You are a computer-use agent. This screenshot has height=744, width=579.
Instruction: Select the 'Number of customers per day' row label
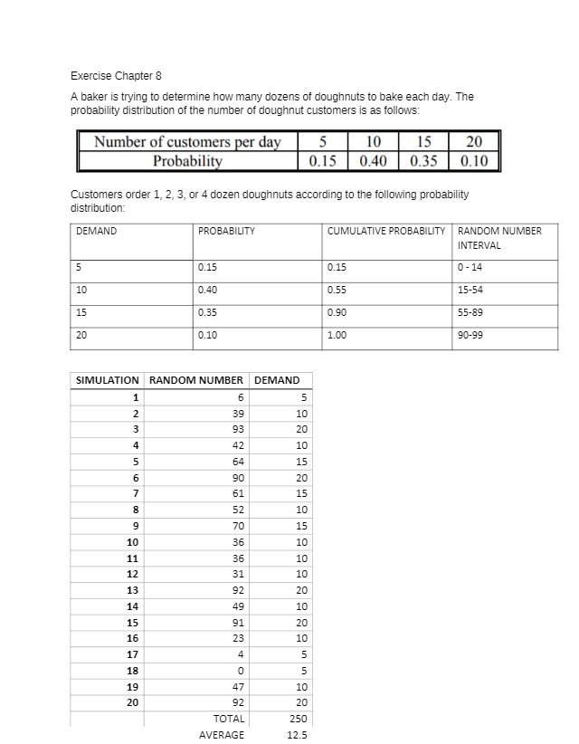click(x=187, y=142)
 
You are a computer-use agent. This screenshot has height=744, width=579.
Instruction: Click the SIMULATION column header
click(x=106, y=380)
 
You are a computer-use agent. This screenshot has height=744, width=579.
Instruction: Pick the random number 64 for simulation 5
click(x=239, y=462)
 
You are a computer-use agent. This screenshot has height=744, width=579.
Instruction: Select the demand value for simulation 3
click(x=301, y=429)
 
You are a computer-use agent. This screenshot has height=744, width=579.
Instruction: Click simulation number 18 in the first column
click(x=133, y=671)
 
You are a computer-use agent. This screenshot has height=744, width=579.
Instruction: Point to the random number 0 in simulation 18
click(x=241, y=671)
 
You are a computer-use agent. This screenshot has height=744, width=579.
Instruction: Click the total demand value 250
click(x=298, y=719)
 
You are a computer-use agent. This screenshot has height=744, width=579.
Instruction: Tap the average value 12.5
click(x=297, y=735)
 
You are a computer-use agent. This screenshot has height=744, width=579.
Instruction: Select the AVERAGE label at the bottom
click(x=221, y=735)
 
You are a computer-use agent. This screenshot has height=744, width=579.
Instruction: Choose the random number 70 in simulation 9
click(x=239, y=526)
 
